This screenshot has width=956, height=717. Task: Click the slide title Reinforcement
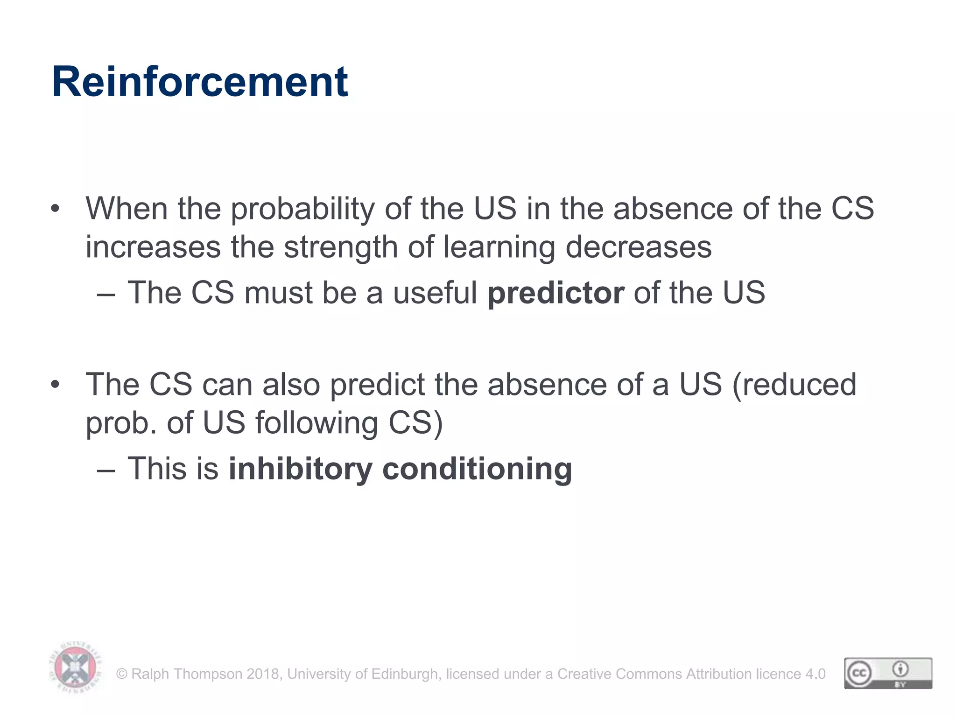point(200,82)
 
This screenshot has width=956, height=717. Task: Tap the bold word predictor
point(555,293)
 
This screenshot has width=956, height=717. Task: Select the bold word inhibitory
point(300,469)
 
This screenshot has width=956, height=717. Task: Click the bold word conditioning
point(477,470)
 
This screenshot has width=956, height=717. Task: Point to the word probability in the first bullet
point(302,209)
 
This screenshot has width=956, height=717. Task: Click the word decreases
point(639,247)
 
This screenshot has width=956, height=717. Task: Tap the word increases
point(153,247)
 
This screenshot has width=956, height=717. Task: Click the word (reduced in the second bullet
point(794,385)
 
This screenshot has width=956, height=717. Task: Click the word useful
point(435,293)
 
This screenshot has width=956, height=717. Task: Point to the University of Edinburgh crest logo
point(75,667)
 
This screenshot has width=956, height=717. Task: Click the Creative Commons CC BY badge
point(888,673)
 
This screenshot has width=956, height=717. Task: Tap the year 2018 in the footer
point(263,674)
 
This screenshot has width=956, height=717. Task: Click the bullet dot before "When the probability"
point(56,209)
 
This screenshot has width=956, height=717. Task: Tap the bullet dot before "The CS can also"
point(56,385)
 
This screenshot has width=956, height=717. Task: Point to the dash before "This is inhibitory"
point(106,470)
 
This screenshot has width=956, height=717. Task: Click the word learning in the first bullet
point(499,248)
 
